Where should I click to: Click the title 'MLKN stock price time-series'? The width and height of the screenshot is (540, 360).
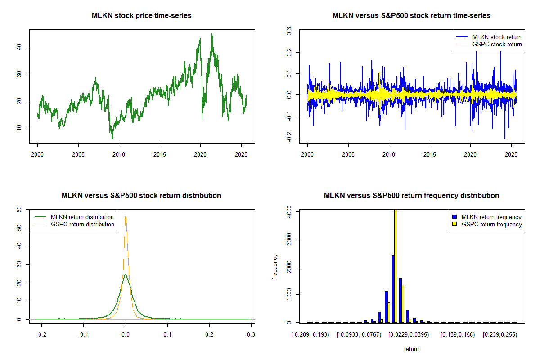coord(141,16)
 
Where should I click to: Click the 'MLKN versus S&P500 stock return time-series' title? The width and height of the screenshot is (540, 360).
coord(411,16)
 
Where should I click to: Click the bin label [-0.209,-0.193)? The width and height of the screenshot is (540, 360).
coord(310,335)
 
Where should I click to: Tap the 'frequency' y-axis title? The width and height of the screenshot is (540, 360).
coord(275,266)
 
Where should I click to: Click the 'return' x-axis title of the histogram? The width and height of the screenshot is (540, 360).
coord(411,349)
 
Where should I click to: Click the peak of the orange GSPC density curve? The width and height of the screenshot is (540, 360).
coord(126,216)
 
